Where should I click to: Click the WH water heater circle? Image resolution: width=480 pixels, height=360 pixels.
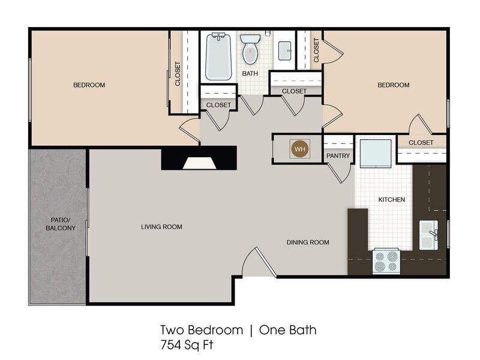[299, 149]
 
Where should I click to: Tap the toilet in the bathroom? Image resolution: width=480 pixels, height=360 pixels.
[250, 49]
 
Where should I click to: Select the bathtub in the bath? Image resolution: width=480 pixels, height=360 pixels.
[218, 56]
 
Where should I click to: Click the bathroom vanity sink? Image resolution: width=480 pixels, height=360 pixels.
[284, 51]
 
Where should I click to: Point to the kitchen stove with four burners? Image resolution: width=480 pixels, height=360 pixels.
[386, 262]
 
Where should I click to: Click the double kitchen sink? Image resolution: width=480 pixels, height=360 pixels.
[428, 235]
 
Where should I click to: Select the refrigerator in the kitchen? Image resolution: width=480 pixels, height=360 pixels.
[376, 154]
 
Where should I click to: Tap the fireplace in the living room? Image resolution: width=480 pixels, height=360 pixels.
[199, 158]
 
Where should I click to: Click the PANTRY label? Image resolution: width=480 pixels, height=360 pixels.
[338, 156]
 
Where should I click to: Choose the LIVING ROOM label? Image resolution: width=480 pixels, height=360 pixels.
[161, 227]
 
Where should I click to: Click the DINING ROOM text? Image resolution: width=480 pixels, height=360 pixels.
[308, 242]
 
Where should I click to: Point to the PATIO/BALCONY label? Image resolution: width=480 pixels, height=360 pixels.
[61, 224]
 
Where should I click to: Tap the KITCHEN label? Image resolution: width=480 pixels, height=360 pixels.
[392, 200]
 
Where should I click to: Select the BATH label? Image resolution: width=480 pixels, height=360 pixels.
[250, 73]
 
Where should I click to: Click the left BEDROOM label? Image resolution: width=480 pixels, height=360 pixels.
[89, 85]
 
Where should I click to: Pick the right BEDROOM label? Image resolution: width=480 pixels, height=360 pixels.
[394, 85]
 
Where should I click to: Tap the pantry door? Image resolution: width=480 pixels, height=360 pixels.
[340, 173]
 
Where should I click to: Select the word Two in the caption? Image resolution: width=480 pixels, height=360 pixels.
[172, 330]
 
